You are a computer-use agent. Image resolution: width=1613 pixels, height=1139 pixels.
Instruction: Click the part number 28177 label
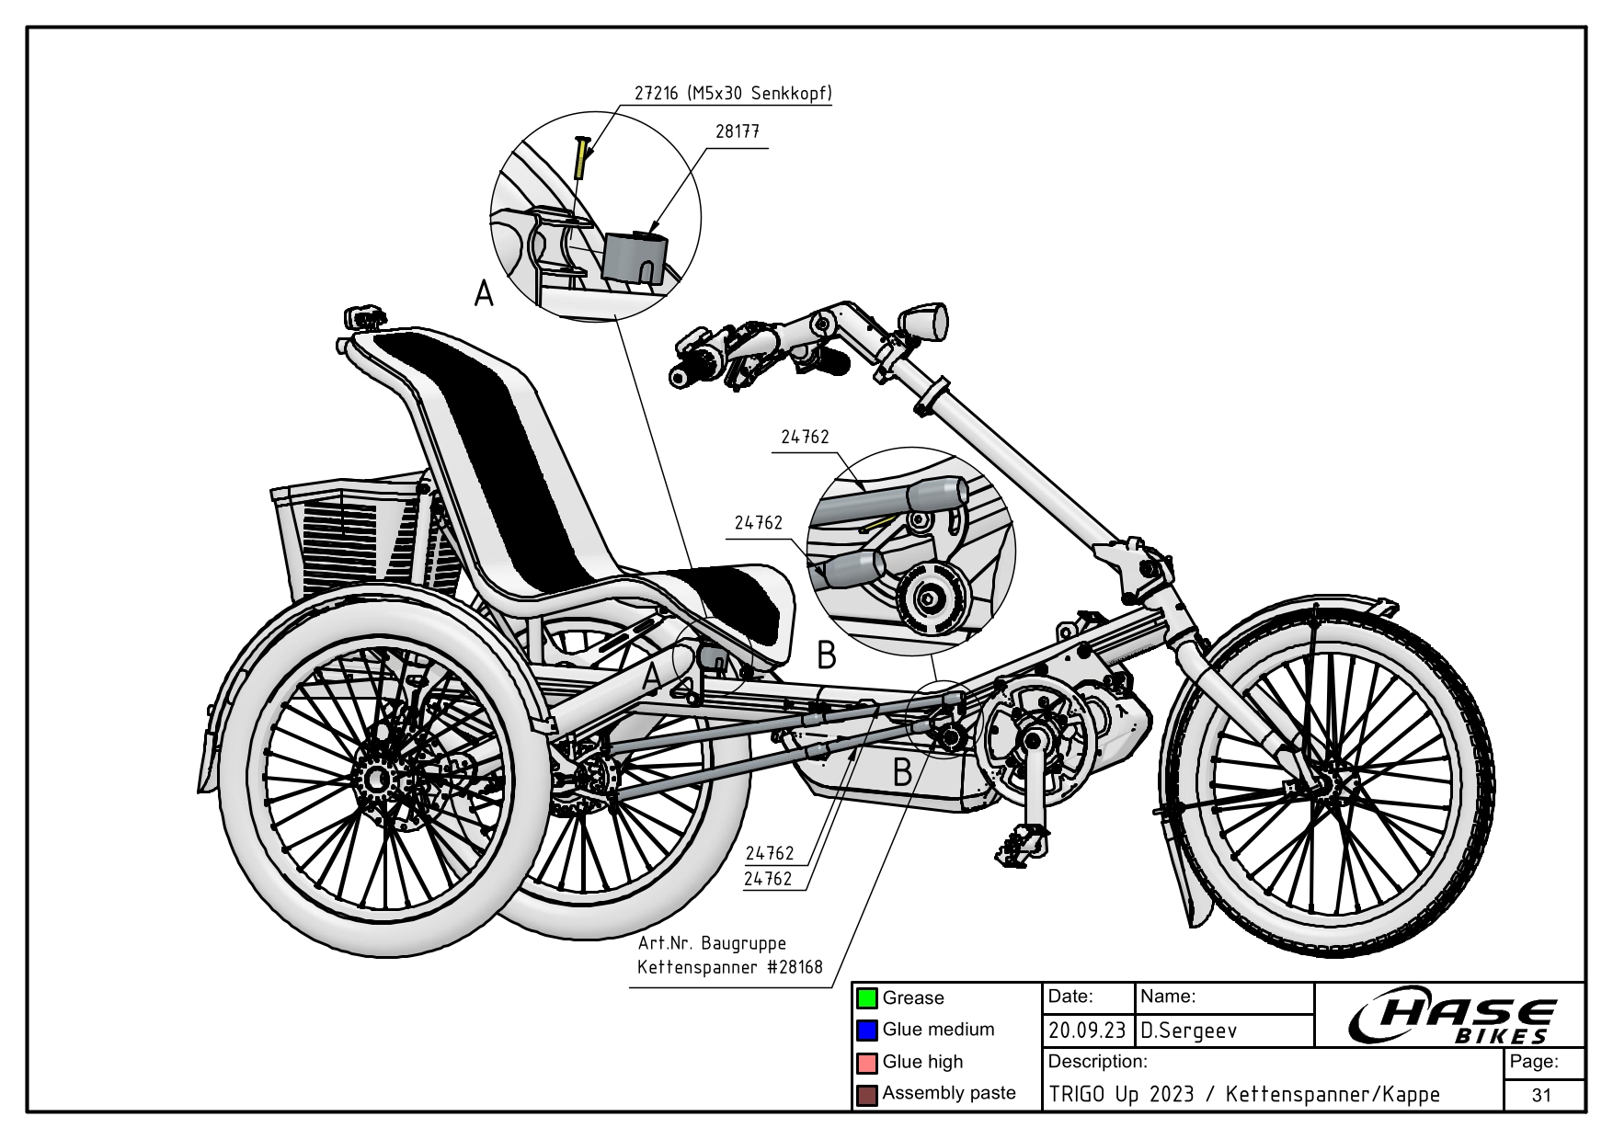(x=738, y=131)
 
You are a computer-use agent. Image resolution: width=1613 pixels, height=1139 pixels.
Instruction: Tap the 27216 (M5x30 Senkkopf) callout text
(x=733, y=94)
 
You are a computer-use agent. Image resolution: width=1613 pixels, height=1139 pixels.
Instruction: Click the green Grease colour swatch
(x=866, y=998)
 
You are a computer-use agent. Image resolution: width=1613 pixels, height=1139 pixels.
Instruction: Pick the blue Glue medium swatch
(x=866, y=1031)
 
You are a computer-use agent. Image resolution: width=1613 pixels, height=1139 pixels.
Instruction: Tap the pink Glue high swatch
(x=866, y=1063)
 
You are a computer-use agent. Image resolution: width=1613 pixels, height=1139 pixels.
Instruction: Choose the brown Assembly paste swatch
(x=866, y=1095)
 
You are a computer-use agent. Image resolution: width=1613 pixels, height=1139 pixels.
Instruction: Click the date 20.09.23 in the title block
(x=1087, y=1031)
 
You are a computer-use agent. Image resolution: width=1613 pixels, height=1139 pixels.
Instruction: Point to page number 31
(x=1541, y=1095)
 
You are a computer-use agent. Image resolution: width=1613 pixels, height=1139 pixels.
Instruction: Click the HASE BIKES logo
(x=1453, y=1018)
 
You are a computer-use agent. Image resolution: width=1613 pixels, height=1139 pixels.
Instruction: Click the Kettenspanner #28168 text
(x=729, y=967)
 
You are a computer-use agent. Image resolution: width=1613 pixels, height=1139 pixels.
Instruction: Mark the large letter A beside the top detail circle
(x=484, y=294)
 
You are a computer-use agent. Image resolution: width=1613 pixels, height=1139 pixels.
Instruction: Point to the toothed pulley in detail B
(x=929, y=598)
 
